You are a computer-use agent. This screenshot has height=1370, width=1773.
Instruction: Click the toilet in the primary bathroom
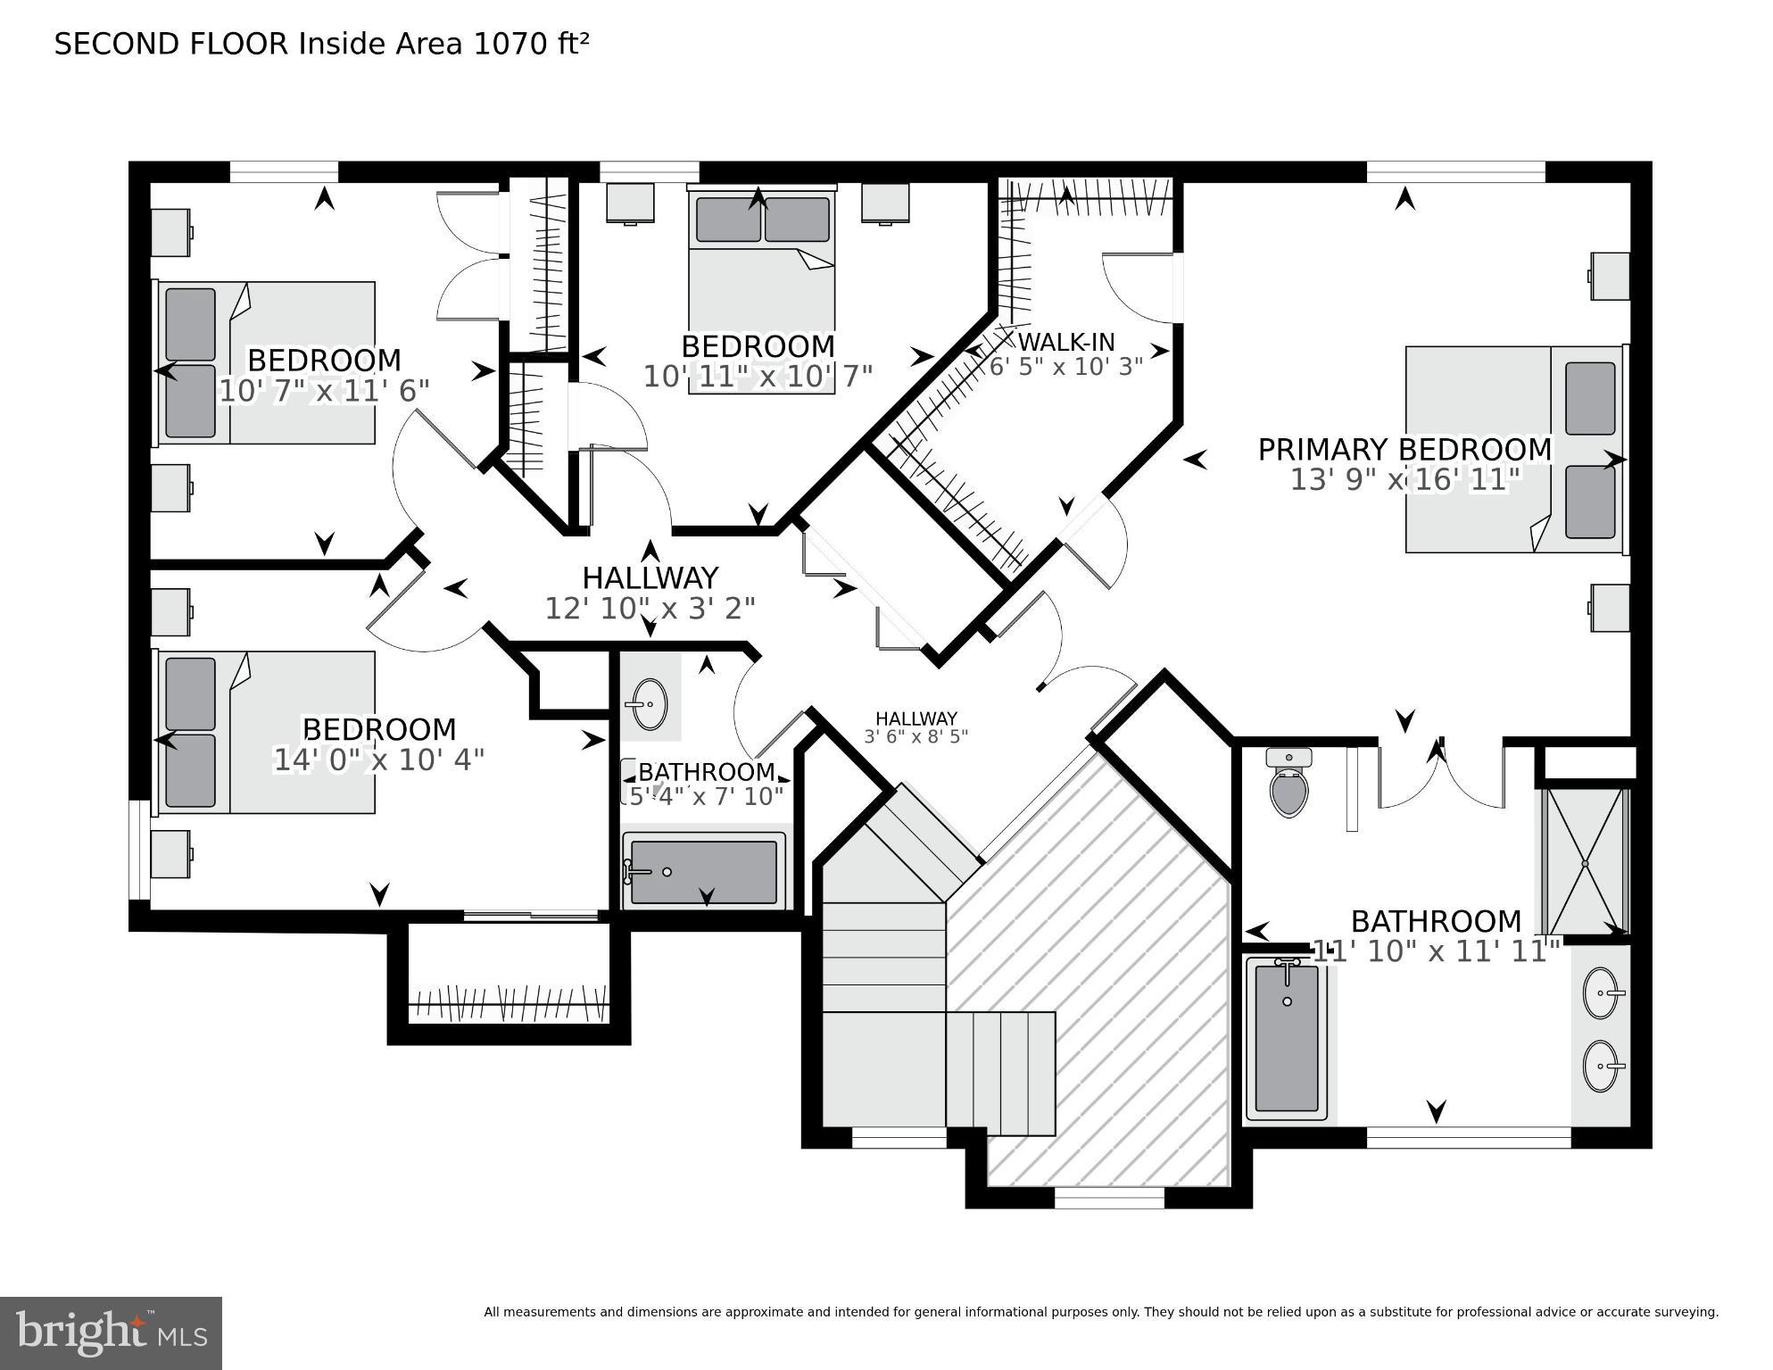point(1288,785)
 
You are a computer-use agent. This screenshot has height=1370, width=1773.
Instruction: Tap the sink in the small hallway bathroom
point(647,704)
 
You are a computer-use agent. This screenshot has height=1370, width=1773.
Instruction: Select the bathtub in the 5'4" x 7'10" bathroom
point(703,872)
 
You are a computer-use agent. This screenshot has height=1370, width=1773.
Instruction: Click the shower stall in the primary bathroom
point(1586,861)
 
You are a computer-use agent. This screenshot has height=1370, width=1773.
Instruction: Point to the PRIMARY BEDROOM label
point(1404,450)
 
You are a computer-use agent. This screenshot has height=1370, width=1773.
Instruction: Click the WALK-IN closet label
point(1066,342)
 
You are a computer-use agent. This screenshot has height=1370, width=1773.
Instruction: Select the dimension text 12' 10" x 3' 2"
point(650,609)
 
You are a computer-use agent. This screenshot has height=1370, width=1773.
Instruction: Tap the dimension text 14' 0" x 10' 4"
point(378,760)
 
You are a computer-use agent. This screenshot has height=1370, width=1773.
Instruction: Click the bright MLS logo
point(111,1333)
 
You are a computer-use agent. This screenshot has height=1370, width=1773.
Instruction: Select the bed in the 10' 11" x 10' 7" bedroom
point(761,286)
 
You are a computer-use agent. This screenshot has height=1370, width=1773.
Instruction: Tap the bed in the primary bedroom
point(1513,449)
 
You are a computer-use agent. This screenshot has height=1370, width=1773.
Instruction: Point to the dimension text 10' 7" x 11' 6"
point(324,391)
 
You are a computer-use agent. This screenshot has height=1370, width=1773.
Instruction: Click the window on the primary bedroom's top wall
point(1455,170)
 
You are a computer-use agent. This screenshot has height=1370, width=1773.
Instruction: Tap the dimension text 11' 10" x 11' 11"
point(1436,951)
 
